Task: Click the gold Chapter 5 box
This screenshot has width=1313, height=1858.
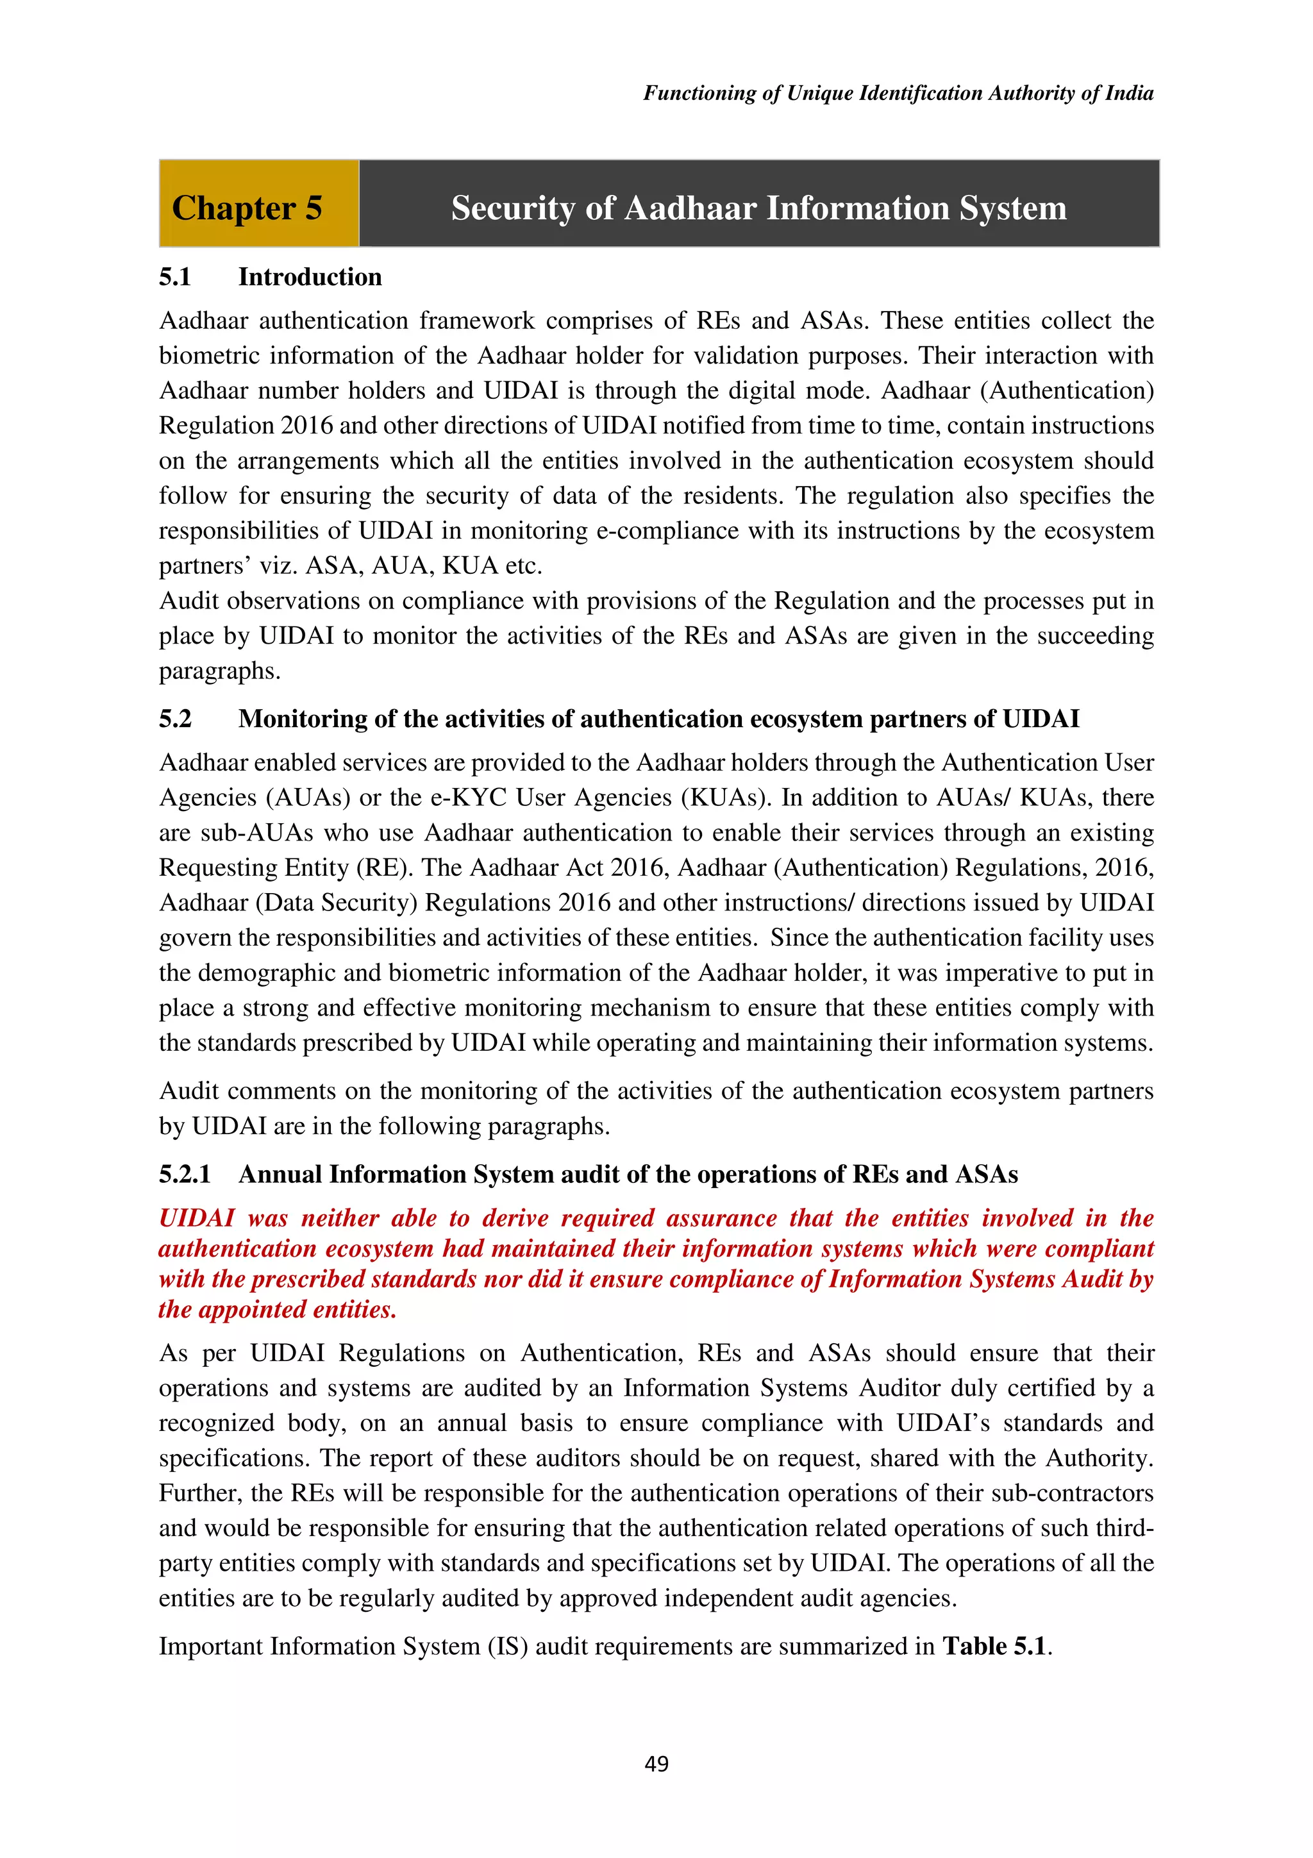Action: (x=258, y=203)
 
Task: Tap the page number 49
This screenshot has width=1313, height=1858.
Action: (x=656, y=1763)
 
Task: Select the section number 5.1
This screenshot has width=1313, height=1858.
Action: (x=175, y=277)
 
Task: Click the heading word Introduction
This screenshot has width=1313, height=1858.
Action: (x=310, y=277)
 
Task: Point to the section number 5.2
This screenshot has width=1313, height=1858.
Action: (x=175, y=719)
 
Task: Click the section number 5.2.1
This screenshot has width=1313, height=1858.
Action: (x=185, y=1174)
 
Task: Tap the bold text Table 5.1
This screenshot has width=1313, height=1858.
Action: (x=994, y=1646)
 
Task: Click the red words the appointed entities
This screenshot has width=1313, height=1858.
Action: (x=277, y=1309)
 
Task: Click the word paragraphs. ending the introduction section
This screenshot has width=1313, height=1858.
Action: (x=219, y=671)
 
